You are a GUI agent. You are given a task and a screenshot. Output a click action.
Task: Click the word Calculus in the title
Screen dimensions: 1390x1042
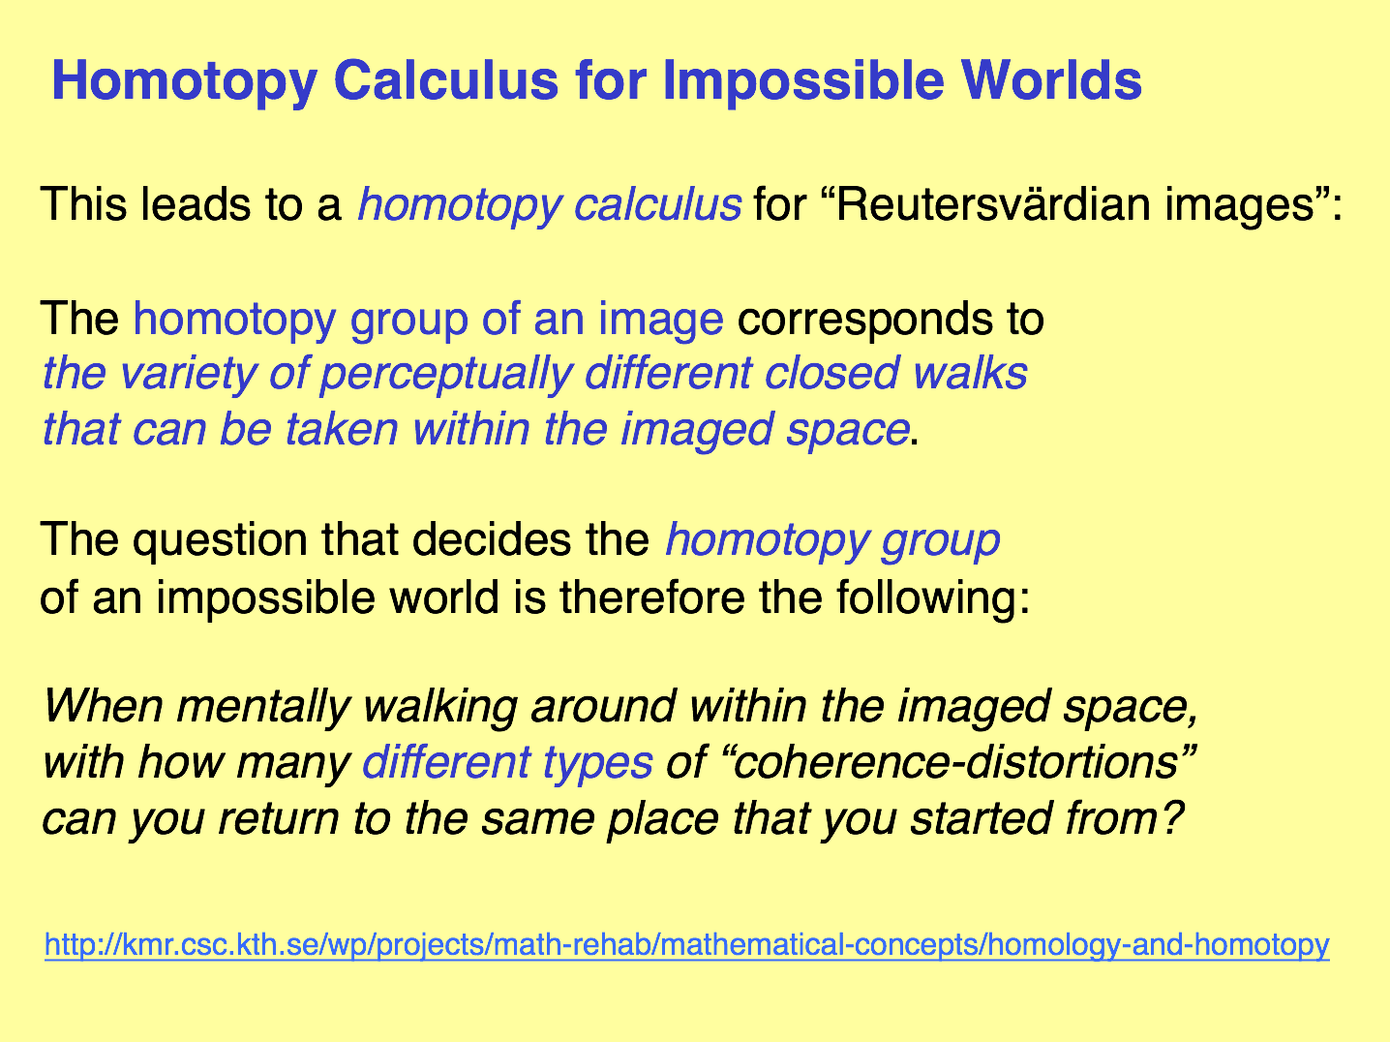(x=446, y=80)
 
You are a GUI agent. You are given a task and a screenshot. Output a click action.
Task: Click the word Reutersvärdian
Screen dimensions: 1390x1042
(x=993, y=204)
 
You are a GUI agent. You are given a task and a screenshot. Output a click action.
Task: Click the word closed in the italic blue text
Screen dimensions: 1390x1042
(x=831, y=373)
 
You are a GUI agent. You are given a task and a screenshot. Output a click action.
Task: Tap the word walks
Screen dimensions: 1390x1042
(x=970, y=373)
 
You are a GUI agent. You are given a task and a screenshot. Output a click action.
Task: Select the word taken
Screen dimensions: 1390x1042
(x=342, y=429)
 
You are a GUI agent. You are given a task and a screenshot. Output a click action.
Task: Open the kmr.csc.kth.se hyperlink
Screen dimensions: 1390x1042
(x=687, y=946)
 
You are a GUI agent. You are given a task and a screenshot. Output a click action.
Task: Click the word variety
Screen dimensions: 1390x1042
(x=188, y=375)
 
